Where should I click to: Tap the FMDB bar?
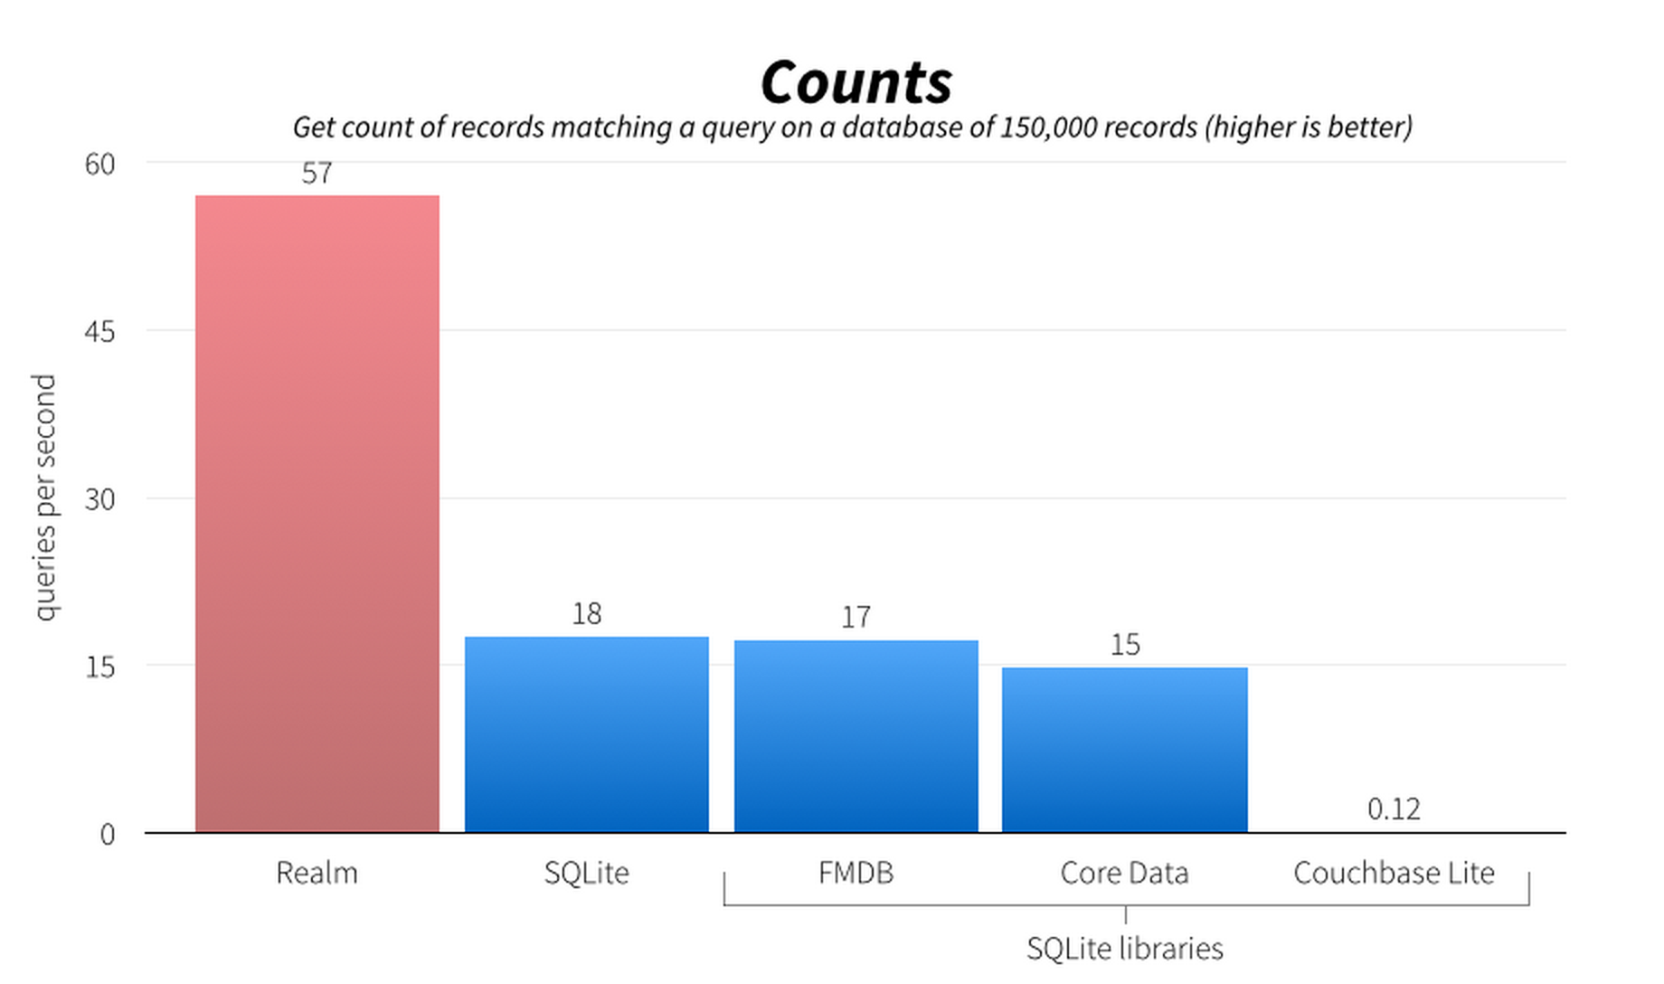(856, 736)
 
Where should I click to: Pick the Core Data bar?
(1125, 750)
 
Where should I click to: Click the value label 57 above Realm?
(317, 173)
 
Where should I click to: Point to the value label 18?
(587, 614)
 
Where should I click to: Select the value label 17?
(856, 617)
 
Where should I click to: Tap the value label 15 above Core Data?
(1125, 645)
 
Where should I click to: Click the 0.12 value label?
(1394, 809)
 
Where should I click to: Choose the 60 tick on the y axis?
(100, 164)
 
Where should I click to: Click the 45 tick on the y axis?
(100, 332)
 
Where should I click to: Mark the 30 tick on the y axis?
(100, 499)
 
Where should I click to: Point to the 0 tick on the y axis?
(108, 834)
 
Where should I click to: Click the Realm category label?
(317, 873)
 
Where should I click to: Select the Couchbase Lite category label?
(1394, 873)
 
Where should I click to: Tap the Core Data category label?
(1125, 873)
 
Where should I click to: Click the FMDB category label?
(856, 873)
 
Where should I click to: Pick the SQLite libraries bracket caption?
(1125, 948)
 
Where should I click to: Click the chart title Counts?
(856, 82)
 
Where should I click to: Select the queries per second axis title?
(45, 497)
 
